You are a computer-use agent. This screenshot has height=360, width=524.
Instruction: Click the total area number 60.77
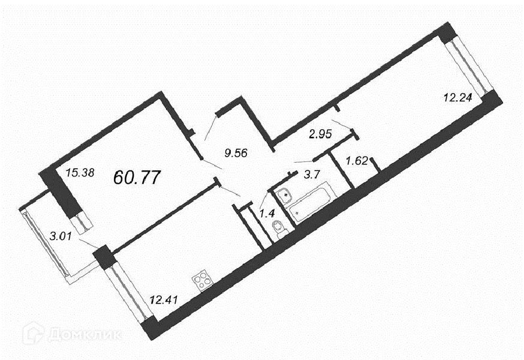coord(137,177)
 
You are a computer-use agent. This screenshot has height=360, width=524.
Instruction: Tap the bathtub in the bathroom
coord(310,203)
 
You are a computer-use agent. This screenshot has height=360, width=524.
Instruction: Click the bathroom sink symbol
coord(285,194)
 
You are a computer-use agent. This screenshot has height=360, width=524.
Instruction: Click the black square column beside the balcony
coord(104,257)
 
